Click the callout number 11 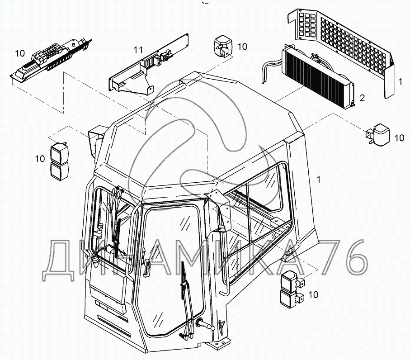(138, 49)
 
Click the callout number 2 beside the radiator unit (362, 98)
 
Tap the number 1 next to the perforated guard (400, 81)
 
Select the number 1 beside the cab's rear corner (318, 180)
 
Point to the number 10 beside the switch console (19, 53)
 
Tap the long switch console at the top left (51, 59)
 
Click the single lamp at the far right (378, 134)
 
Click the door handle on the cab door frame (147, 266)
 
